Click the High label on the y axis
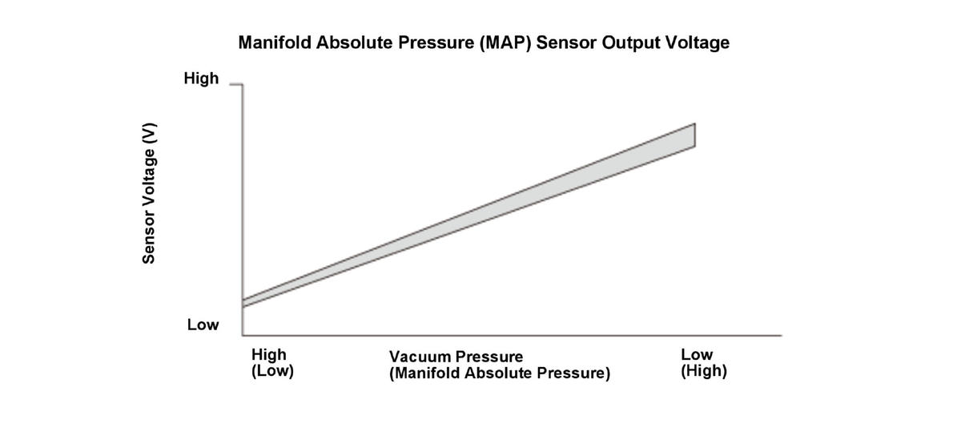tap(201, 79)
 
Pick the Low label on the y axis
tap(203, 325)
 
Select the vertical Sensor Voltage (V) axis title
tap(149, 193)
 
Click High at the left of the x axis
tap(268, 354)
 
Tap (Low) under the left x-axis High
tap(272, 372)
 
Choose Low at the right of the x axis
tap(697, 354)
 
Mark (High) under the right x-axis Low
tap(704, 372)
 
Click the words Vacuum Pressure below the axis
tap(456, 357)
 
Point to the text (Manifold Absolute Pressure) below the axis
tap(500, 373)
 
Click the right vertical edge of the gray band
tap(694, 135)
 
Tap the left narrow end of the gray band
tap(243, 303)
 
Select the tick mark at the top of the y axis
tap(235, 84)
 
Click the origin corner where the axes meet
tap(243, 335)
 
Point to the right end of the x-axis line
tap(780, 335)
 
